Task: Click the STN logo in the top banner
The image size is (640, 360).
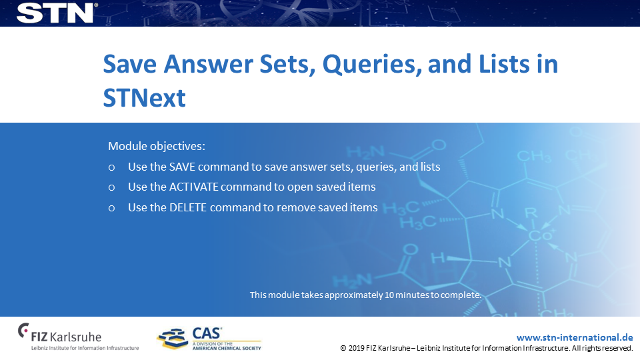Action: pyautogui.click(x=55, y=13)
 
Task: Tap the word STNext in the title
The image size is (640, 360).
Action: pyautogui.click(x=145, y=98)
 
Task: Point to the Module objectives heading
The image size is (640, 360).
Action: pyautogui.click(x=157, y=146)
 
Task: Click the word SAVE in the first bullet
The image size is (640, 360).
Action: pyautogui.click(x=182, y=167)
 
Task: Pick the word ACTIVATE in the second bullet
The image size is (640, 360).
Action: pyautogui.click(x=194, y=187)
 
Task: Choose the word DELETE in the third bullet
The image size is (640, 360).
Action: pyautogui.click(x=188, y=207)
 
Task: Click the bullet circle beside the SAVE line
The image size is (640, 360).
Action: pyautogui.click(x=111, y=167)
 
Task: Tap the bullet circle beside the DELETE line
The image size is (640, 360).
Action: pyautogui.click(x=111, y=208)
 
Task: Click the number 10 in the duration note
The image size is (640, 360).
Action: pyautogui.click(x=389, y=295)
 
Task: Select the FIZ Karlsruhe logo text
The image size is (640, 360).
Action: pyautogui.click(x=66, y=336)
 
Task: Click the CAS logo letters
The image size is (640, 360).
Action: pyautogui.click(x=207, y=333)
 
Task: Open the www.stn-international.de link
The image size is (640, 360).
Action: pyautogui.click(x=575, y=337)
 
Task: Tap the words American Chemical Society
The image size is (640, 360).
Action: pyautogui.click(x=227, y=348)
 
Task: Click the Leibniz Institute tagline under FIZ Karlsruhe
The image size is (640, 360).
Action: pyautogui.click(x=85, y=348)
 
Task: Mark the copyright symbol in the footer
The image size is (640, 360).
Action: pyautogui.click(x=343, y=348)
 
